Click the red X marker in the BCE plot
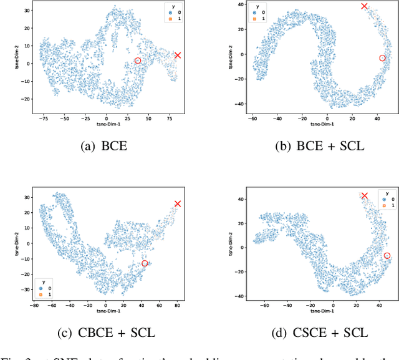pos(178,56)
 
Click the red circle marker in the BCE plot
pos(138,61)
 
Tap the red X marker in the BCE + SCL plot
pos(365,6)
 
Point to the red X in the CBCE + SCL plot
pos(178,204)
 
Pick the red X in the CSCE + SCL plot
pos(365,196)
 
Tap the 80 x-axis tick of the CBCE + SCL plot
pos(177,306)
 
